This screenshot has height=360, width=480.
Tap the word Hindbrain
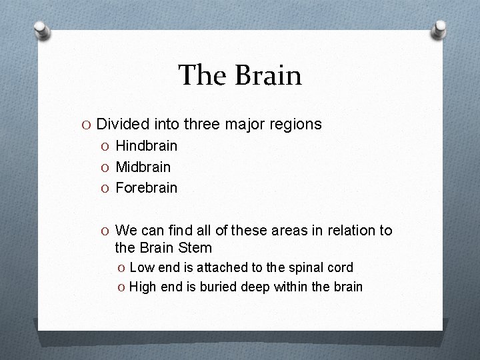pos(146,145)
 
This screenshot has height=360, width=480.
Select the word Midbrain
pos(143,167)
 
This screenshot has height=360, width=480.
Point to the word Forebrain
pos(146,187)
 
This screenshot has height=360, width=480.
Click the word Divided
pos(121,124)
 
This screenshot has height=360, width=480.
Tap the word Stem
pos(195,248)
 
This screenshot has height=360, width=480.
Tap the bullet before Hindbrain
pos(106,146)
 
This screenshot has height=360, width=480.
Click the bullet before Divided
pos(87,125)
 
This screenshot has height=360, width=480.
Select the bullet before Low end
pos(121,268)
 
